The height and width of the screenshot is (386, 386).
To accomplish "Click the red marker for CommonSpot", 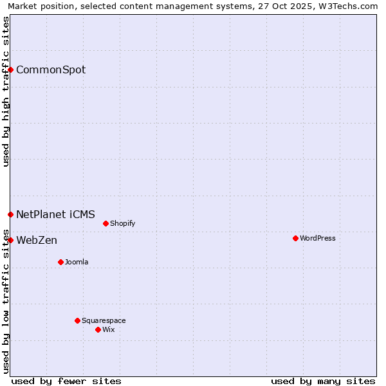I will click(11, 69).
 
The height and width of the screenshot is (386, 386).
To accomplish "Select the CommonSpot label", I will click(50, 69).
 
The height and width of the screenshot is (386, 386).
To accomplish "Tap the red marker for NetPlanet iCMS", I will click(11, 214).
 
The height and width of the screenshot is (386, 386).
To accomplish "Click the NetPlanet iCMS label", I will click(55, 214).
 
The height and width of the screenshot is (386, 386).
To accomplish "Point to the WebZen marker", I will click(11, 240).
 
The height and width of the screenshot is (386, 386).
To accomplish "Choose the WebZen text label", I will click(37, 241).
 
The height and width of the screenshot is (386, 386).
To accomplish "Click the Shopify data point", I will click(106, 223).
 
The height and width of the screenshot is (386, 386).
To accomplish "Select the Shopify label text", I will click(122, 224).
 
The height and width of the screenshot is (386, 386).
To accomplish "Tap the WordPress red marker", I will click(295, 238).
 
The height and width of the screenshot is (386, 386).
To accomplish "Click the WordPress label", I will click(317, 239).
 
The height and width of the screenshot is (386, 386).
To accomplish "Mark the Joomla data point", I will click(60, 262).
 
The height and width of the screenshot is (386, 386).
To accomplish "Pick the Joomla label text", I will click(77, 262).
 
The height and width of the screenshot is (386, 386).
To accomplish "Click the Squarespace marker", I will click(77, 320).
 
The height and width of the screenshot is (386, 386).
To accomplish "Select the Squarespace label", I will click(104, 321).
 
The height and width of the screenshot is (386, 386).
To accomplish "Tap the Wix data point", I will click(98, 329).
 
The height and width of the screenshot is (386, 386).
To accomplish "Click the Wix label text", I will click(108, 330).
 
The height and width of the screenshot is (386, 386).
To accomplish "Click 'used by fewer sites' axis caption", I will click(66, 381).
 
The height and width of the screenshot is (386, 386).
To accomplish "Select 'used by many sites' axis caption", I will click(323, 381).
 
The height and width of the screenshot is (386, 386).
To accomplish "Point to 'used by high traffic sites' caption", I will click(6, 91).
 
